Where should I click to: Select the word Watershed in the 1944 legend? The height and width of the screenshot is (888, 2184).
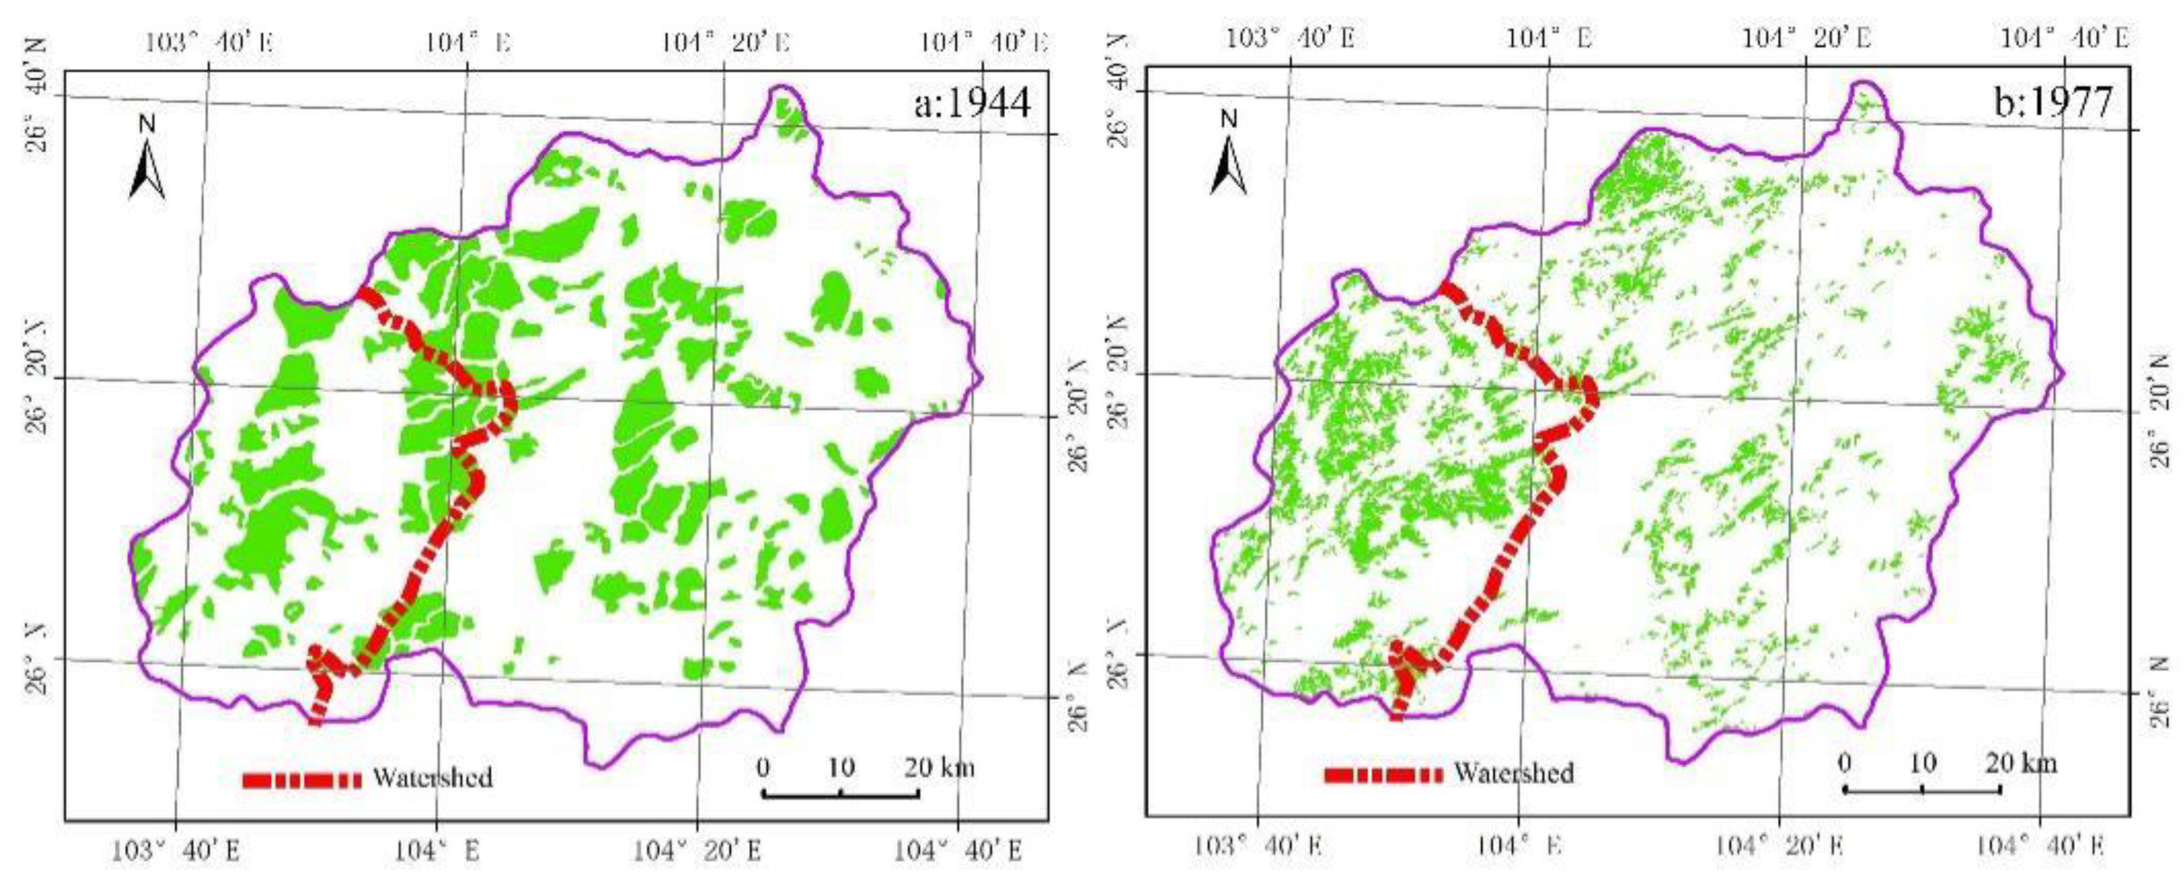(432, 777)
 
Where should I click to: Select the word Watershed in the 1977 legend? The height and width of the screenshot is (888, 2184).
(1514, 773)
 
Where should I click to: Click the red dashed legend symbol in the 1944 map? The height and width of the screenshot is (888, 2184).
(302, 780)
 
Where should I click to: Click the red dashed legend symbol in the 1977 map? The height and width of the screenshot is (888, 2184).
(1383, 774)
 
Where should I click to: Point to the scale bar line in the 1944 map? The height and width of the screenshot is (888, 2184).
(840, 794)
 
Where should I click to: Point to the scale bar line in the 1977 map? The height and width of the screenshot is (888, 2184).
(1922, 790)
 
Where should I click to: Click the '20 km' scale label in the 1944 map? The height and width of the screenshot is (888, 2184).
(939, 767)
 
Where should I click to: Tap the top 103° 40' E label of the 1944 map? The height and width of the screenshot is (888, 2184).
(210, 41)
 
